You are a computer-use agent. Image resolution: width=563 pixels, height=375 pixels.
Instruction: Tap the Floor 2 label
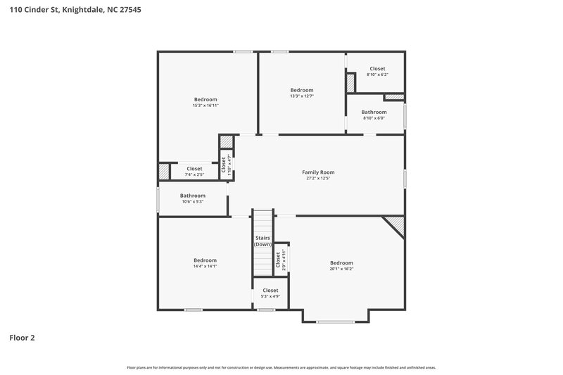pyautogui.click(x=22, y=337)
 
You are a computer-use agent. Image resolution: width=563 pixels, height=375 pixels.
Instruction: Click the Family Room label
pyautogui.click(x=318, y=172)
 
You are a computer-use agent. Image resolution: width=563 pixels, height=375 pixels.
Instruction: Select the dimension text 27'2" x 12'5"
pyautogui.click(x=318, y=179)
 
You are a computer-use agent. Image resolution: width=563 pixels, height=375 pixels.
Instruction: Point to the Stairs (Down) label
pyautogui.click(x=262, y=241)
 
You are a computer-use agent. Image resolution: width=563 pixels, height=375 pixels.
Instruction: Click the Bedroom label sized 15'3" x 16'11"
pyautogui.click(x=205, y=99)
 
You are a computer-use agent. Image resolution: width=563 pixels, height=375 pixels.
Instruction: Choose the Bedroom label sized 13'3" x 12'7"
pyautogui.click(x=302, y=90)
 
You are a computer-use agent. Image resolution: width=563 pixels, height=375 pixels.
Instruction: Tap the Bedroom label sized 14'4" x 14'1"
pyautogui.click(x=205, y=260)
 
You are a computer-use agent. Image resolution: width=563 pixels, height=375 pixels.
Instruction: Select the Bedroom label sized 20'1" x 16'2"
pyautogui.click(x=341, y=263)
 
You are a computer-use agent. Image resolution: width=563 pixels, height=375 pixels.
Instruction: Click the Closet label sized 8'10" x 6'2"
pyautogui.click(x=377, y=69)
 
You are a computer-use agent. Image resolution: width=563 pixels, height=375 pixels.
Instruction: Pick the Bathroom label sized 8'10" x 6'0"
pyautogui.click(x=374, y=112)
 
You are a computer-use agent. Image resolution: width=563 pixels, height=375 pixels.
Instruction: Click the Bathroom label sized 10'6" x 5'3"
pyautogui.click(x=192, y=196)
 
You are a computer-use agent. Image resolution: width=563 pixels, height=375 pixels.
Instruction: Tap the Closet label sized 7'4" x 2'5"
pyautogui.click(x=194, y=169)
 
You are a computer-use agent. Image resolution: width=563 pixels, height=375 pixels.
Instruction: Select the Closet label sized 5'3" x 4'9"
pyautogui.click(x=270, y=291)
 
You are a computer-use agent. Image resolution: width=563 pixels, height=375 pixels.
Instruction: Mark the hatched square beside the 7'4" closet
pyautogui.click(x=164, y=171)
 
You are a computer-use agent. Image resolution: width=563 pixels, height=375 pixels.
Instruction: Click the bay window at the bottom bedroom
pyautogui.click(x=336, y=322)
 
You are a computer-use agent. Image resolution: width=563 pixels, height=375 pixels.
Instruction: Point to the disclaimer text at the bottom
pyautogui.click(x=281, y=367)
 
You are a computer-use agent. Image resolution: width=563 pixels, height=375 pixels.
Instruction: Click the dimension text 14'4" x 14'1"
pyautogui.click(x=205, y=267)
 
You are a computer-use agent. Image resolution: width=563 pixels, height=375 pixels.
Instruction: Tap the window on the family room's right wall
pyautogui.click(x=405, y=178)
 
